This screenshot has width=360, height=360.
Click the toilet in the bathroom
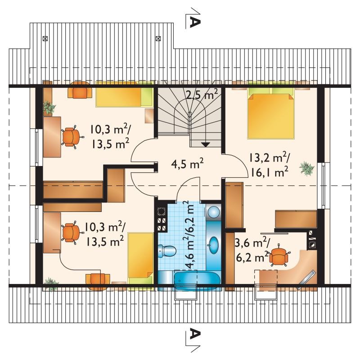(x=167, y=251)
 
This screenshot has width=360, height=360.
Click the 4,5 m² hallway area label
(x=187, y=164)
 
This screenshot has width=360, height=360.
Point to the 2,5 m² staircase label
(x=202, y=94)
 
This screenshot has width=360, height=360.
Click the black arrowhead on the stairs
(x=206, y=144)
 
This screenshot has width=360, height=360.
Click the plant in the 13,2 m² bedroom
(x=307, y=168)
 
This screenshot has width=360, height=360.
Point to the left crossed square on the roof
(x=45, y=38)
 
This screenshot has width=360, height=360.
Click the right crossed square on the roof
(x=158, y=38)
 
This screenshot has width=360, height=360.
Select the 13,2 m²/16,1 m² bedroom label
(x=269, y=165)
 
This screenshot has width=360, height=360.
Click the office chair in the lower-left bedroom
(x=72, y=232)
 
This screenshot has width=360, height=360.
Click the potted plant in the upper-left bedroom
(x=49, y=107)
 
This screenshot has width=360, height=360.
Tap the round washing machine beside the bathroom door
(x=214, y=211)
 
